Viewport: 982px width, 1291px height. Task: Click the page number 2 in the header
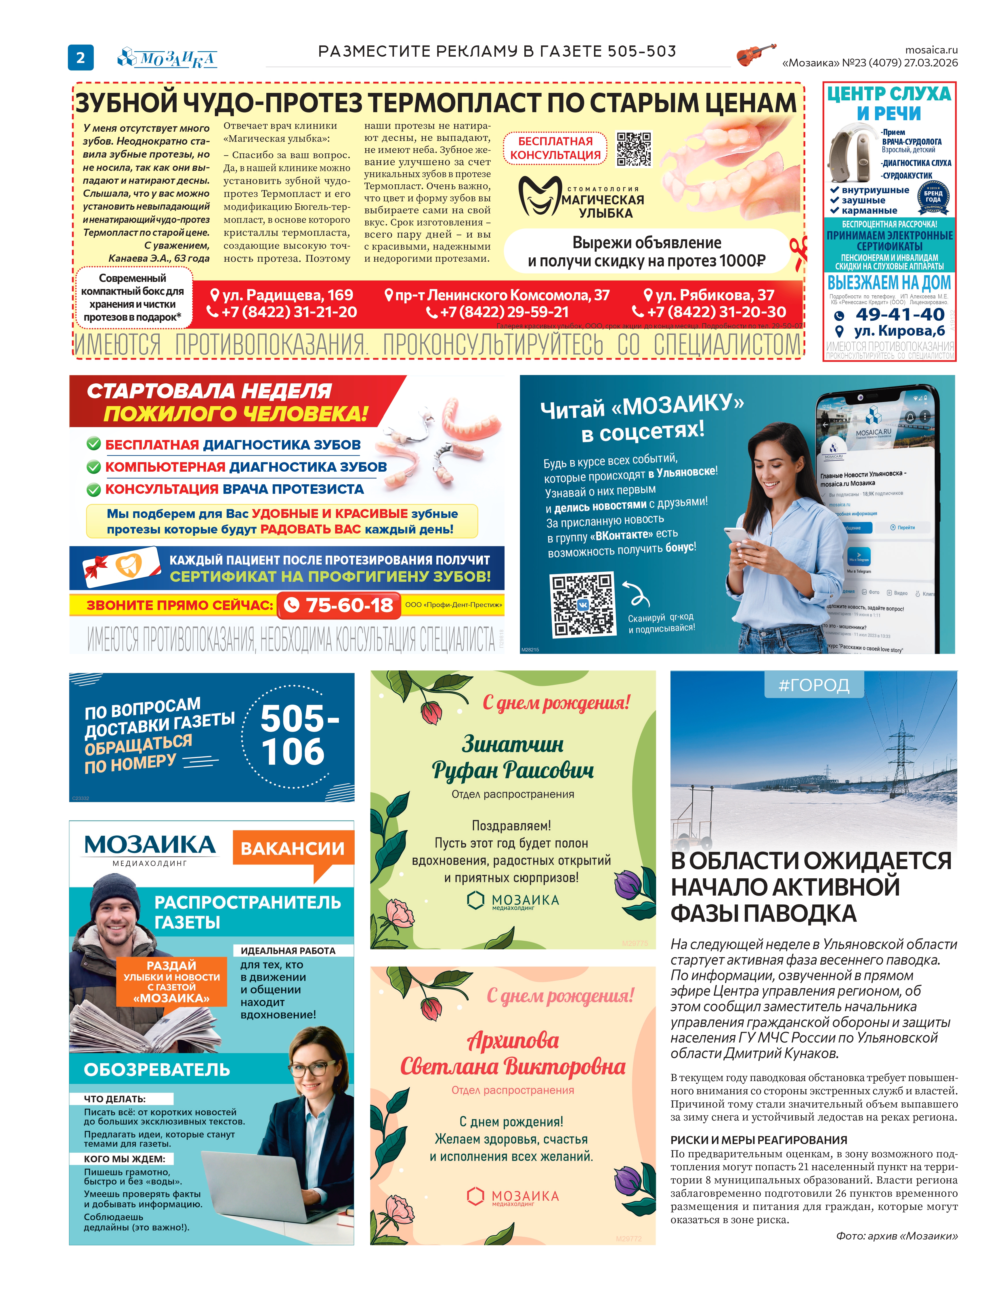click(x=81, y=57)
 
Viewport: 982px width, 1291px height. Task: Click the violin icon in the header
click(x=756, y=54)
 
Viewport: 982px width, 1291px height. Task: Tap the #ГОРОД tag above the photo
click(x=814, y=685)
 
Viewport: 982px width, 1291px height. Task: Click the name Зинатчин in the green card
click(x=513, y=744)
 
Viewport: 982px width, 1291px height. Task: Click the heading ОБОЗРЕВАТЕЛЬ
click(x=157, y=1070)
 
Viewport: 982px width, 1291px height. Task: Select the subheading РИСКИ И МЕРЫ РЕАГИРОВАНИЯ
click(x=758, y=1140)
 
